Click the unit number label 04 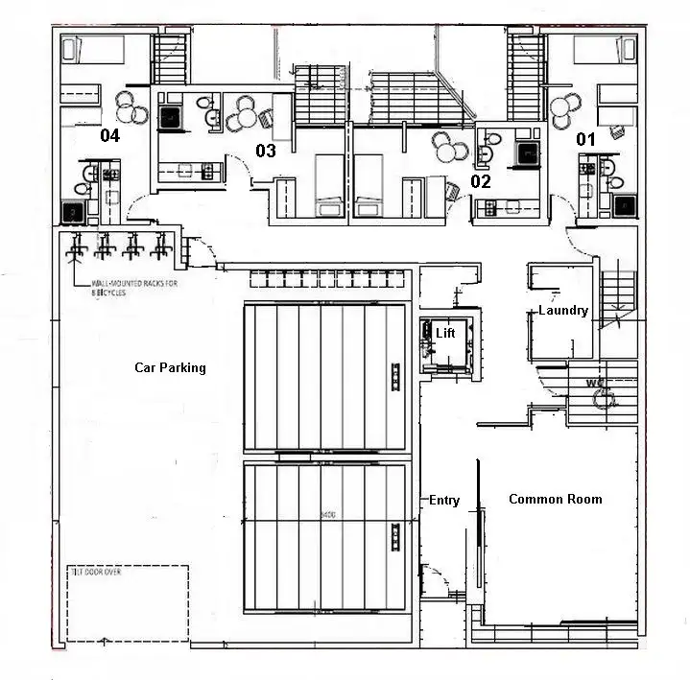coord(110,136)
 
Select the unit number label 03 coord(265,151)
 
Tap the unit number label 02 coord(480,180)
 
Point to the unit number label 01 coord(584,139)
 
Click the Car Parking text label coord(170,367)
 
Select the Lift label coord(445,333)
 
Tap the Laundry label coord(562,310)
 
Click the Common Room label coord(555,499)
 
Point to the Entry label coord(443,501)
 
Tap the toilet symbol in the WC coord(607,403)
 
